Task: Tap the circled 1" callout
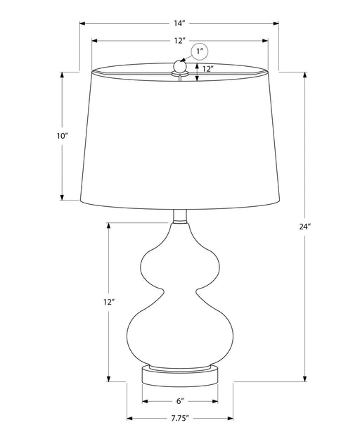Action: coord(200,51)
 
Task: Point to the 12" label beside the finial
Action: coord(207,69)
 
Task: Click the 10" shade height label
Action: coord(63,135)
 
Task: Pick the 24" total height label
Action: coord(304,226)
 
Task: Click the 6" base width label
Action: coord(180,401)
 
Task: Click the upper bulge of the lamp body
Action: coord(180,260)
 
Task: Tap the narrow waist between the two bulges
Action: coord(180,291)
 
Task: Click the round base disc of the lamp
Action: coord(180,374)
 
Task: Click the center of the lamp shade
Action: coord(180,137)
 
